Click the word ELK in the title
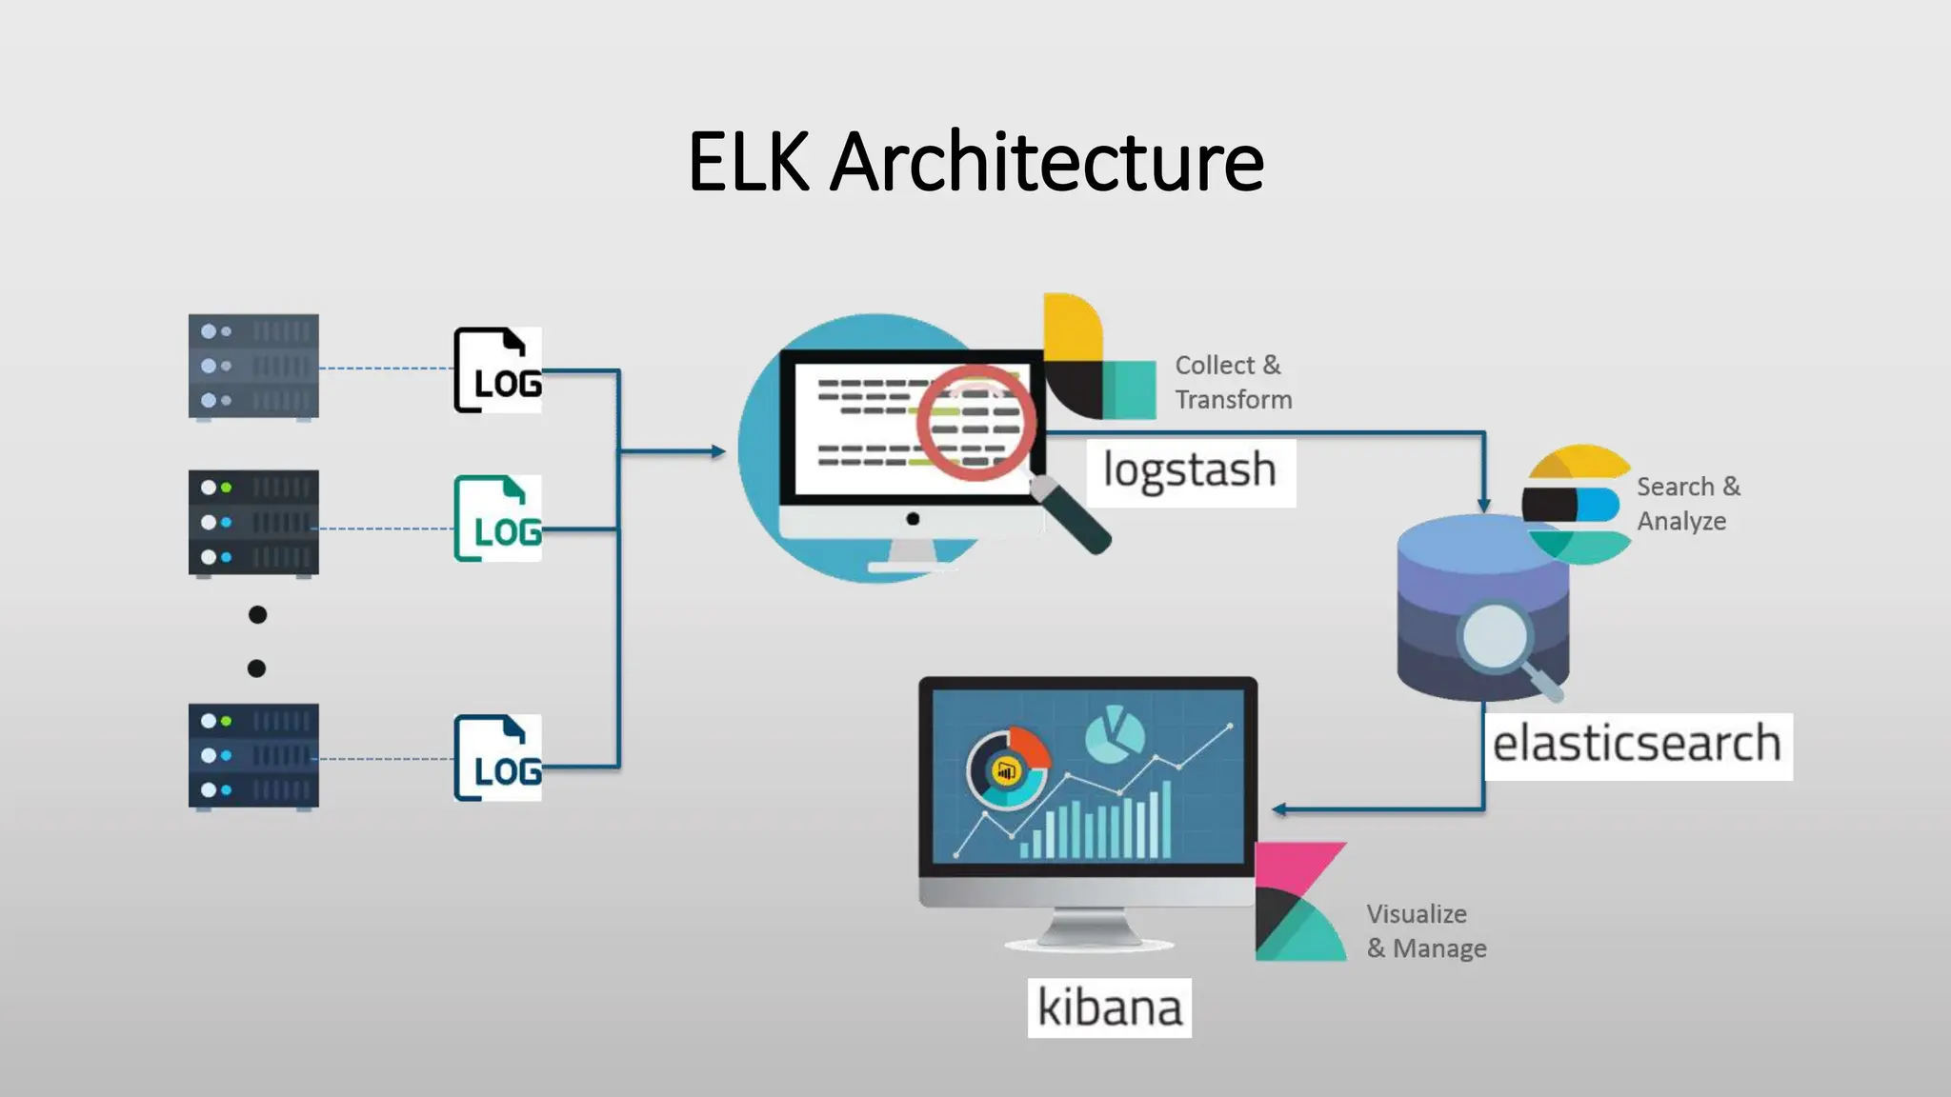coord(749,162)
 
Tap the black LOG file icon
coord(497,369)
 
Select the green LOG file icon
coord(497,518)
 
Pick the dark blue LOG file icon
coord(497,758)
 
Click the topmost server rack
coord(253,367)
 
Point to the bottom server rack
coord(253,756)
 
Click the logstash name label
coord(1190,471)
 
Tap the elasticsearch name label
coord(1637,746)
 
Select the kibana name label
coord(1109,1007)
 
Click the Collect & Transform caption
coord(1232,382)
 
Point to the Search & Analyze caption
coord(1687,504)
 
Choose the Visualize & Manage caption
coord(1425,931)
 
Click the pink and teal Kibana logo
coord(1298,902)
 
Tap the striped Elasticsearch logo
coord(1578,505)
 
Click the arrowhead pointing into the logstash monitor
coord(718,451)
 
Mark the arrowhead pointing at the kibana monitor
coord(1279,809)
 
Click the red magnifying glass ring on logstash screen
coord(976,422)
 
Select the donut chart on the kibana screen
coord(1008,769)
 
